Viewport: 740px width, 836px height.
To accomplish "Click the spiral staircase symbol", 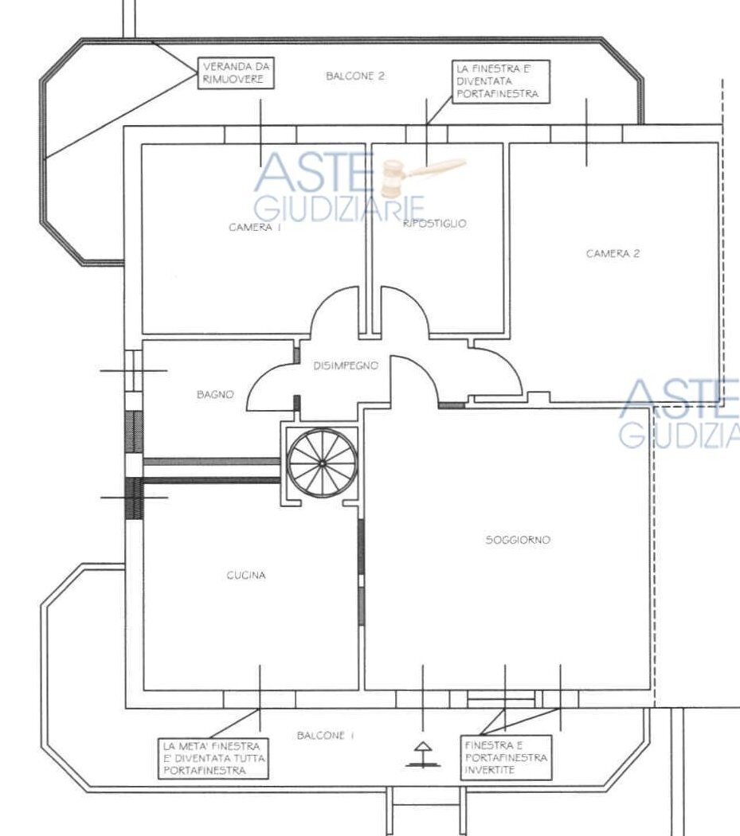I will [x=321, y=463].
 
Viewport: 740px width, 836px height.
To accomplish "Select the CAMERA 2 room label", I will [x=613, y=254].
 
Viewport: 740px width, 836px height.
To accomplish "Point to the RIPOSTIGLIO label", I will [x=435, y=224].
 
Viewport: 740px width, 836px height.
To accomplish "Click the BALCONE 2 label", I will [x=355, y=76].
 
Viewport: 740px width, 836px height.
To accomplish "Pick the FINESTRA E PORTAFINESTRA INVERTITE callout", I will [x=506, y=758].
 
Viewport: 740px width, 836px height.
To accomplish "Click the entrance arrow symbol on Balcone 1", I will [x=421, y=753].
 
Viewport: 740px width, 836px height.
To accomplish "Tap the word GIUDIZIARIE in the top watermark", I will [x=339, y=209].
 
